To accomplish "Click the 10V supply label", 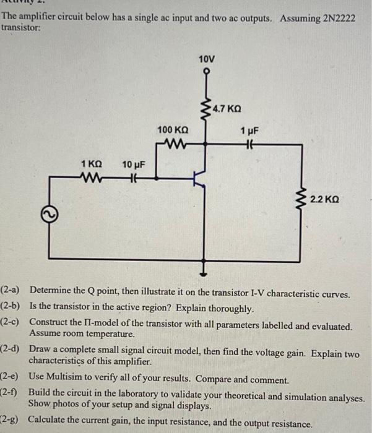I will pyautogui.click(x=207, y=59).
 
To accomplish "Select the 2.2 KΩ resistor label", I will pyautogui.click(x=325, y=200).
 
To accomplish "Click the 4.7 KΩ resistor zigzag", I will pyautogui.click(x=206, y=108).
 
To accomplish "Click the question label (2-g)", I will pyautogui.click(x=11, y=424).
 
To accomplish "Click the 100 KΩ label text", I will pyautogui.click(x=173, y=130).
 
